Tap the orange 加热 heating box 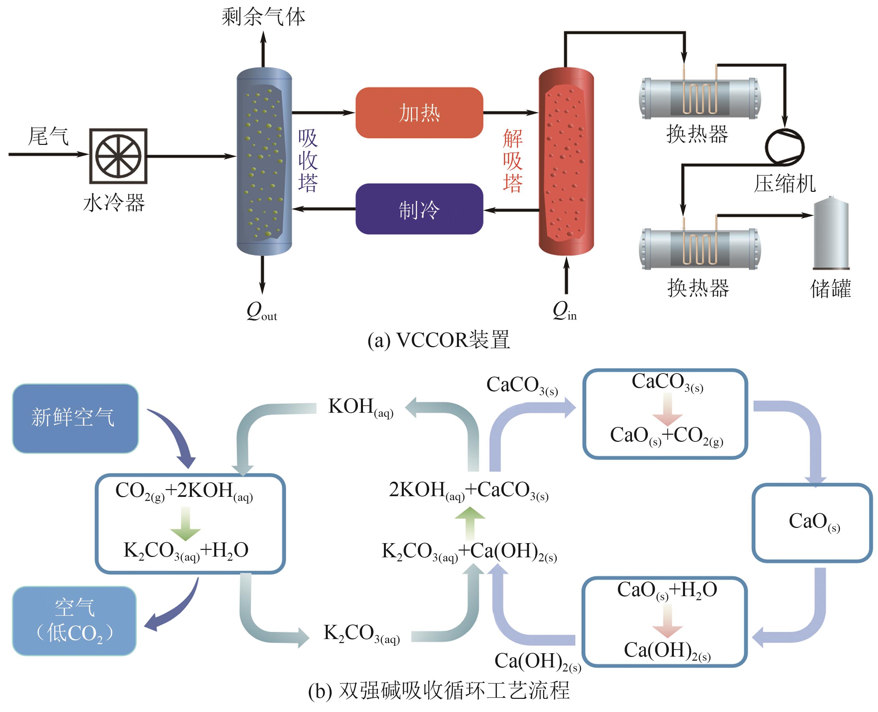(419, 113)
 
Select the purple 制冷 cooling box (419, 209)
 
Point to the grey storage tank (831, 233)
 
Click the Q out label (261, 312)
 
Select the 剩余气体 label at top (263, 17)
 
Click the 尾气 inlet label (48, 136)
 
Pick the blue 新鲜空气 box (75, 418)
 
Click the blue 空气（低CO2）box (74, 620)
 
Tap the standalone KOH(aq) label (361, 407)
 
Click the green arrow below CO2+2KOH (186, 523)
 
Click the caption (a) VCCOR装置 (439, 340)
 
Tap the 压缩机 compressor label (784, 183)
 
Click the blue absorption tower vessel (264, 161)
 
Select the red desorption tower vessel (566, 161)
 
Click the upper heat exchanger (700, 98)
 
